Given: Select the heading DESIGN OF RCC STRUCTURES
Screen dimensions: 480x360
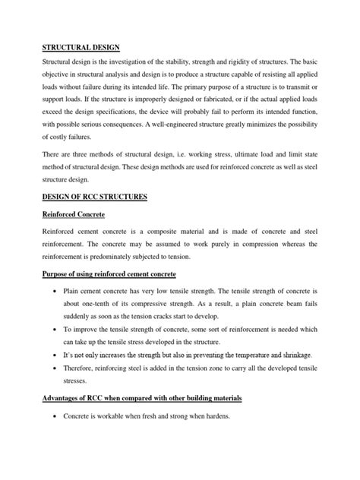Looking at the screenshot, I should coord(94,196).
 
